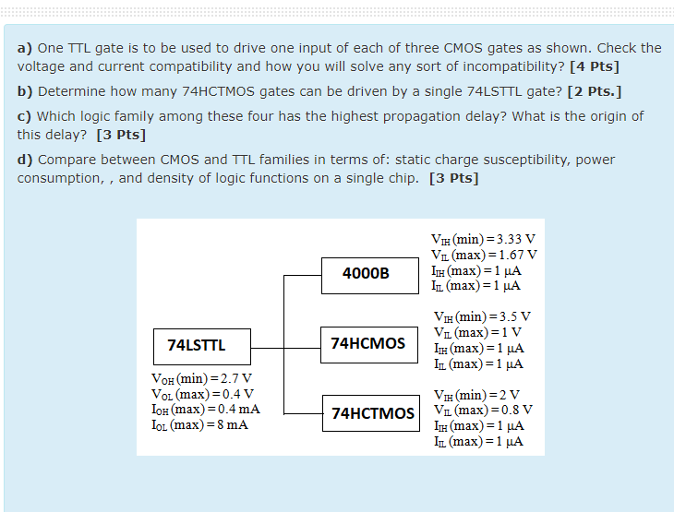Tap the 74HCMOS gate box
point(368,343)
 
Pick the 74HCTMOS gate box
point(372,412)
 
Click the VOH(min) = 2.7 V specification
point(201,378)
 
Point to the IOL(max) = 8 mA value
point(199,424)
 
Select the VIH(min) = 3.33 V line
point(483,239)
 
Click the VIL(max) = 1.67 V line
point(484,255)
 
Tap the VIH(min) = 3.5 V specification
point(482,316)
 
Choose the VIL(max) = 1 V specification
point(477,332)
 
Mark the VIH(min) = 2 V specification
point(476,395)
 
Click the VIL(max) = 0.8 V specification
point(482,410)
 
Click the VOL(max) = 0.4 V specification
point(201,394)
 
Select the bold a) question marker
point(25,48)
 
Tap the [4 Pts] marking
point(595,67)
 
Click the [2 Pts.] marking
point(596,92)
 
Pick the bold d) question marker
point(25,160)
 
